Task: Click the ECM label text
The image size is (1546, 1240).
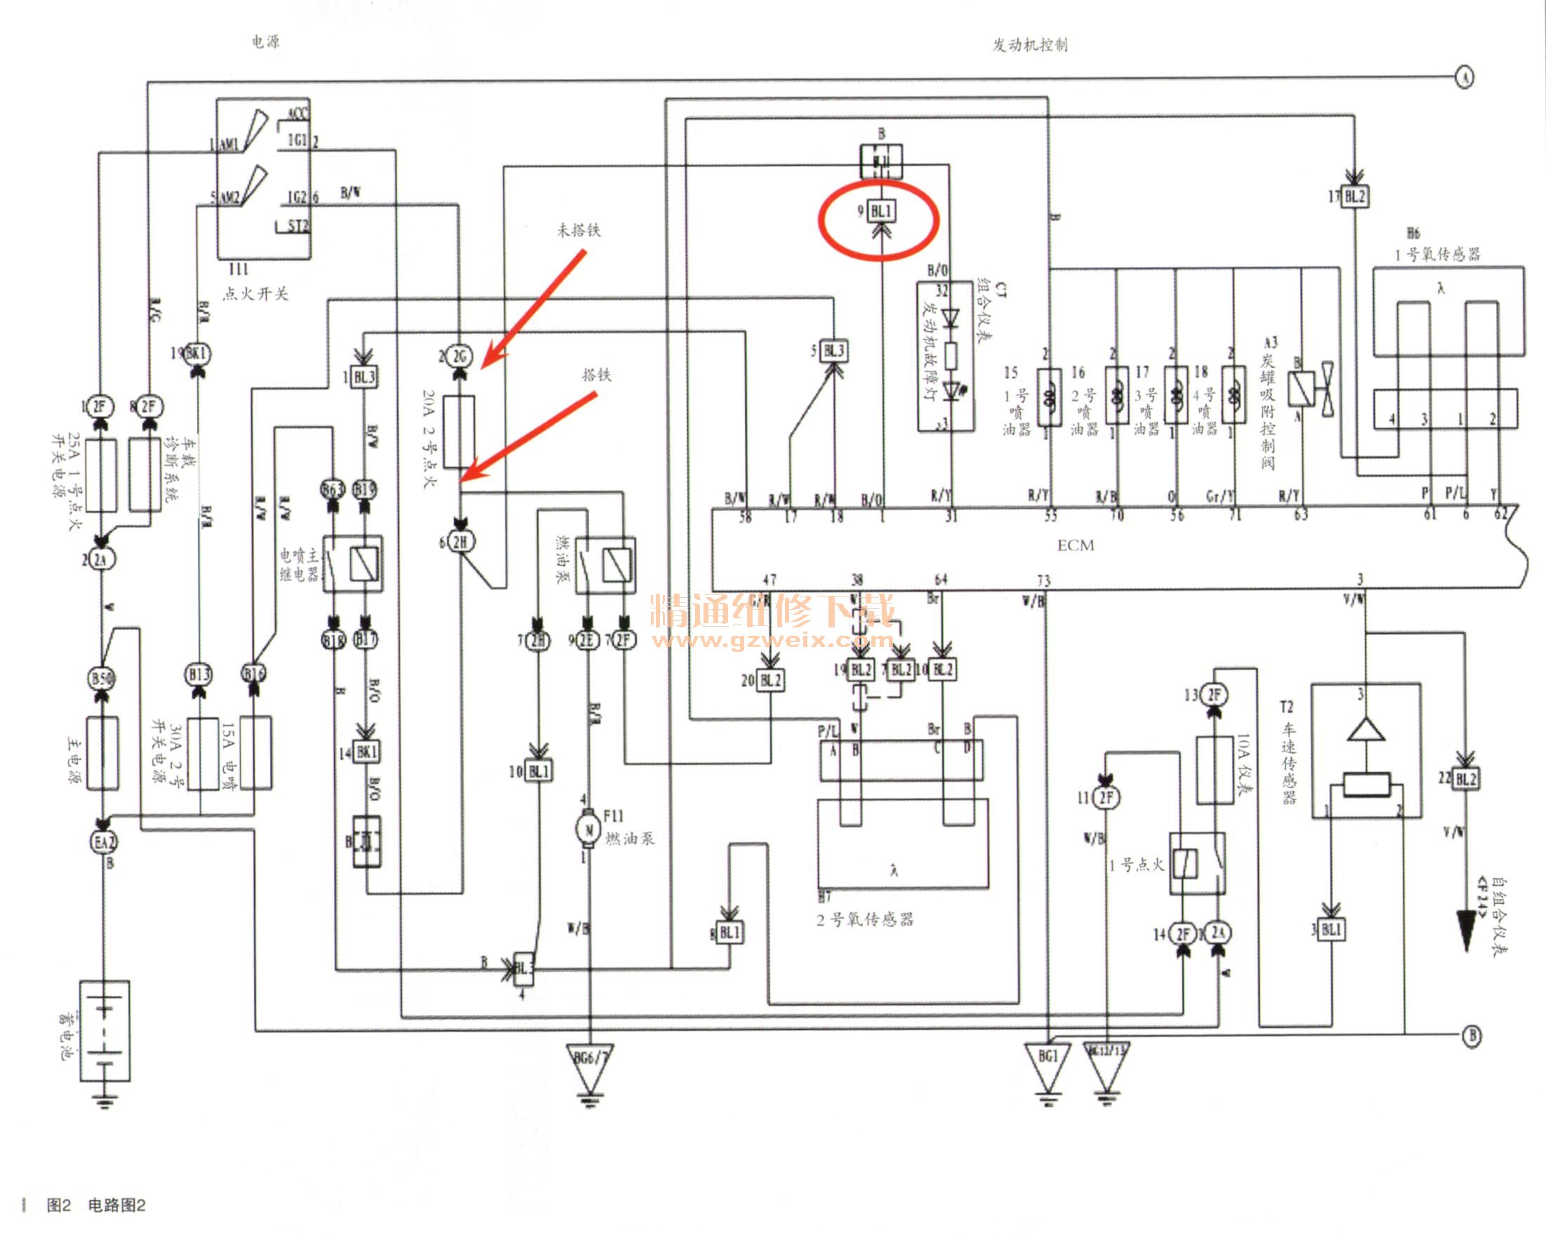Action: click(x=1076, y=545)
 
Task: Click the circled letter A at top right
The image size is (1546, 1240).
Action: click(x=1465, y=76)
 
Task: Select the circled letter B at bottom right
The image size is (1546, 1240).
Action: click(x=1472, y=1036)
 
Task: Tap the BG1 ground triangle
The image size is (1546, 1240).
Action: click(x=1048, y=1060)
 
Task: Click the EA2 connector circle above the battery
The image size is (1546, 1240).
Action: click(x=104, y=841)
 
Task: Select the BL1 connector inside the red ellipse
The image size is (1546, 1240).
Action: click(x=880, y=211)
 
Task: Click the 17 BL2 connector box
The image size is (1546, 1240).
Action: click(x=1354, y=196)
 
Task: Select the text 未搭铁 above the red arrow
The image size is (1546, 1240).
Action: click(x=579, y=230)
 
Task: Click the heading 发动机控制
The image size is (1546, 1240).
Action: click(x=1030, y=45)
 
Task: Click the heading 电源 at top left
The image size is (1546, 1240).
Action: click(x=265, y=42)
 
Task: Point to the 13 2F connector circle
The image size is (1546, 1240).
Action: click(x=1213, y=694)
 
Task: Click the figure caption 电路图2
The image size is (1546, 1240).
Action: click(x=116, y=1205)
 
